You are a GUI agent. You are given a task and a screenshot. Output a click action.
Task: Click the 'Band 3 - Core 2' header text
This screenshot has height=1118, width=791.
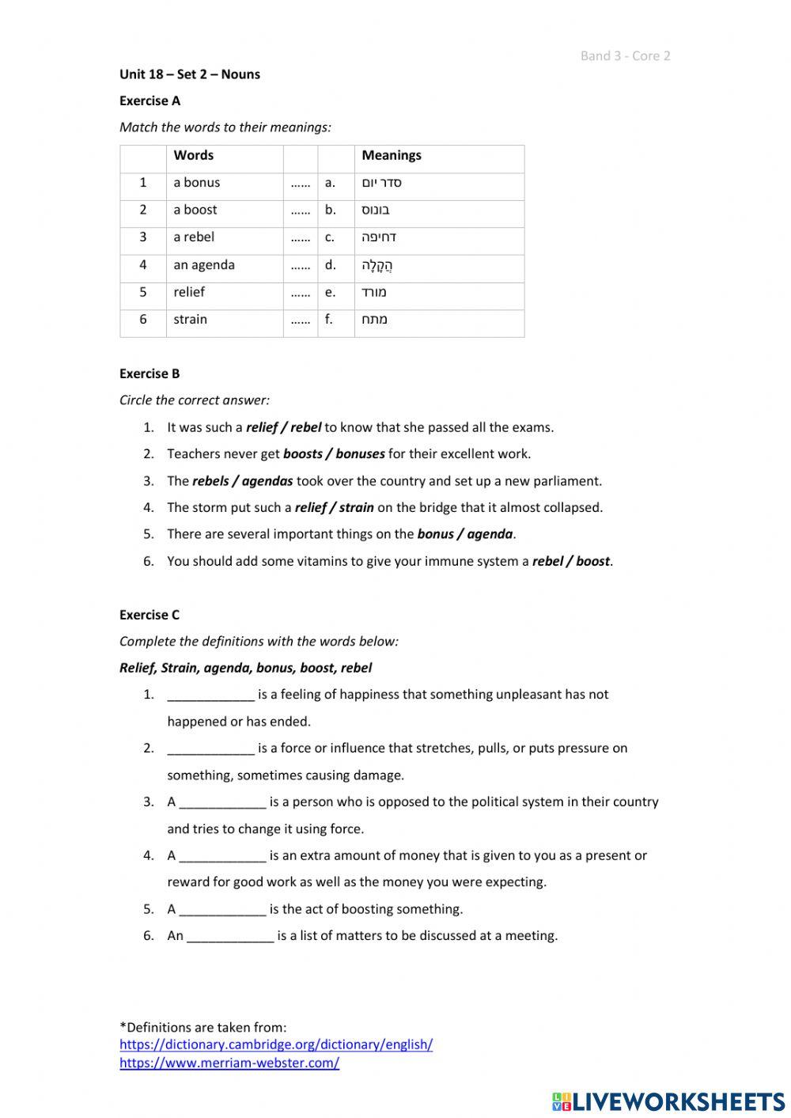pos(625,55)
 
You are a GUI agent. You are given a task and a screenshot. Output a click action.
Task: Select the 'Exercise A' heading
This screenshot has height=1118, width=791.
pos(149,100)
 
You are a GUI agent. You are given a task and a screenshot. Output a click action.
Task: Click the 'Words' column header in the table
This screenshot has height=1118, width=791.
pos(194,155)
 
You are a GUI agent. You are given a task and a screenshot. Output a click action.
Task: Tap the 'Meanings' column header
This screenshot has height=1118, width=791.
pos(392,155)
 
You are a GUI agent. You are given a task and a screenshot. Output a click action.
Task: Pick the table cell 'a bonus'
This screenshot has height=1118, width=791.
pos(197,183)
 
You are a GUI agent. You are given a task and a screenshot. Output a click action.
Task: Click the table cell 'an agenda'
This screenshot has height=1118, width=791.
pos(204,265)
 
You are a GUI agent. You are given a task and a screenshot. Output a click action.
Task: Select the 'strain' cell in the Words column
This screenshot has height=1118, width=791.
pos(191,320)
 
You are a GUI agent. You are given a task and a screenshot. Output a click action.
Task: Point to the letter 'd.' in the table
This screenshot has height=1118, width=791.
pos(330,265)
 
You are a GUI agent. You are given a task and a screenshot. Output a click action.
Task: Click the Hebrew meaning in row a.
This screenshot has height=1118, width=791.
pos(382,183)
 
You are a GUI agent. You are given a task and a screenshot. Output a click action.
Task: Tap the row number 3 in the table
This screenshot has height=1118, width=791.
pos(143,237)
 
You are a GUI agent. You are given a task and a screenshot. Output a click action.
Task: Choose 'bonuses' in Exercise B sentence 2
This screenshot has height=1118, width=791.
pos(360,454)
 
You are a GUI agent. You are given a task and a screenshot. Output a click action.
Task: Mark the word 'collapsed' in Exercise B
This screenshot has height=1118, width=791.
pos(573,508)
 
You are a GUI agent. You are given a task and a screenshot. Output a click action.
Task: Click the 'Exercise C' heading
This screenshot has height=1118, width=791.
pos(149,615)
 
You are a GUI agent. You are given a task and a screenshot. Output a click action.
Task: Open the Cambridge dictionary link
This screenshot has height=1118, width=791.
pos(276,1044)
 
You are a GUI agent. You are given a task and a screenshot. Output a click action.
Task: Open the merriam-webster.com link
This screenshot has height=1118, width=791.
pos(229,1063)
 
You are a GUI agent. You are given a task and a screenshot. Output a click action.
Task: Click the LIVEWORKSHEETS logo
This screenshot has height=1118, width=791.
pos(668,1101)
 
